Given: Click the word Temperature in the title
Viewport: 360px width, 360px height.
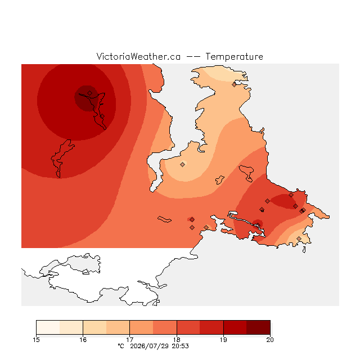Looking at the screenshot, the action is click(x=234, y=56).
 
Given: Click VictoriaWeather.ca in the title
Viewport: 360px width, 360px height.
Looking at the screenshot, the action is click(x=138, y=56).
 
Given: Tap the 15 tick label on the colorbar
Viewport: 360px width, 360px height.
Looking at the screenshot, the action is click(x=36, y=340).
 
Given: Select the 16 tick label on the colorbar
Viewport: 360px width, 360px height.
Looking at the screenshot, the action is click(x=83, y=340).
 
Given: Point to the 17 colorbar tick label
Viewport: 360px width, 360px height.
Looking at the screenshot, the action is click(x=130, y=340).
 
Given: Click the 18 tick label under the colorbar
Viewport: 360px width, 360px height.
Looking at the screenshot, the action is click(x=177, y=340).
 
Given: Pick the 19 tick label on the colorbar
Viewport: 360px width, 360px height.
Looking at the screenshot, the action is click(x=223, y=340).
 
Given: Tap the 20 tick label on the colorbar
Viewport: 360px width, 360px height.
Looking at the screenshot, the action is click(x=270, y=340).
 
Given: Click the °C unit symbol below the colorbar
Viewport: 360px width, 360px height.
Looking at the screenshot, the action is click(x=121, y=346).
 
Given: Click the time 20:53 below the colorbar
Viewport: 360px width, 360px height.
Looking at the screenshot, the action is click(x=180, y=346).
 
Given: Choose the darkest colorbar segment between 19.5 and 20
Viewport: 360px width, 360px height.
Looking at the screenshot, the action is click(x=258, y=327).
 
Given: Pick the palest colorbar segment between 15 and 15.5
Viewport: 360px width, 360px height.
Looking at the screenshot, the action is click(x=48, y=327).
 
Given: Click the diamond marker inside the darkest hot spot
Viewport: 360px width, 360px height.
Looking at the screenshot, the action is click(x=90, y=93).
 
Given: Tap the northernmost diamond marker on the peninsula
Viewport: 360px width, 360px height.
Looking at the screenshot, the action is click(x=234, y=84).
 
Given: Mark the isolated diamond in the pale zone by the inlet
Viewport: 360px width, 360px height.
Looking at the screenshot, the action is click(x=182, y=164).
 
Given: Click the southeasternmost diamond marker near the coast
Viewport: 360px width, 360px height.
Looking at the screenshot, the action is click(x=299, y=238).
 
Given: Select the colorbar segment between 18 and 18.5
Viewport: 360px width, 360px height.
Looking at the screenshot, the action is click(x=188, y=327).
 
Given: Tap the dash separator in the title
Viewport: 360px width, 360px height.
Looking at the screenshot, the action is click(x=193, y=57).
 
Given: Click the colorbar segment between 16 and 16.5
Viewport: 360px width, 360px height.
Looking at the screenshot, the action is click(x=94, y=327).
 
